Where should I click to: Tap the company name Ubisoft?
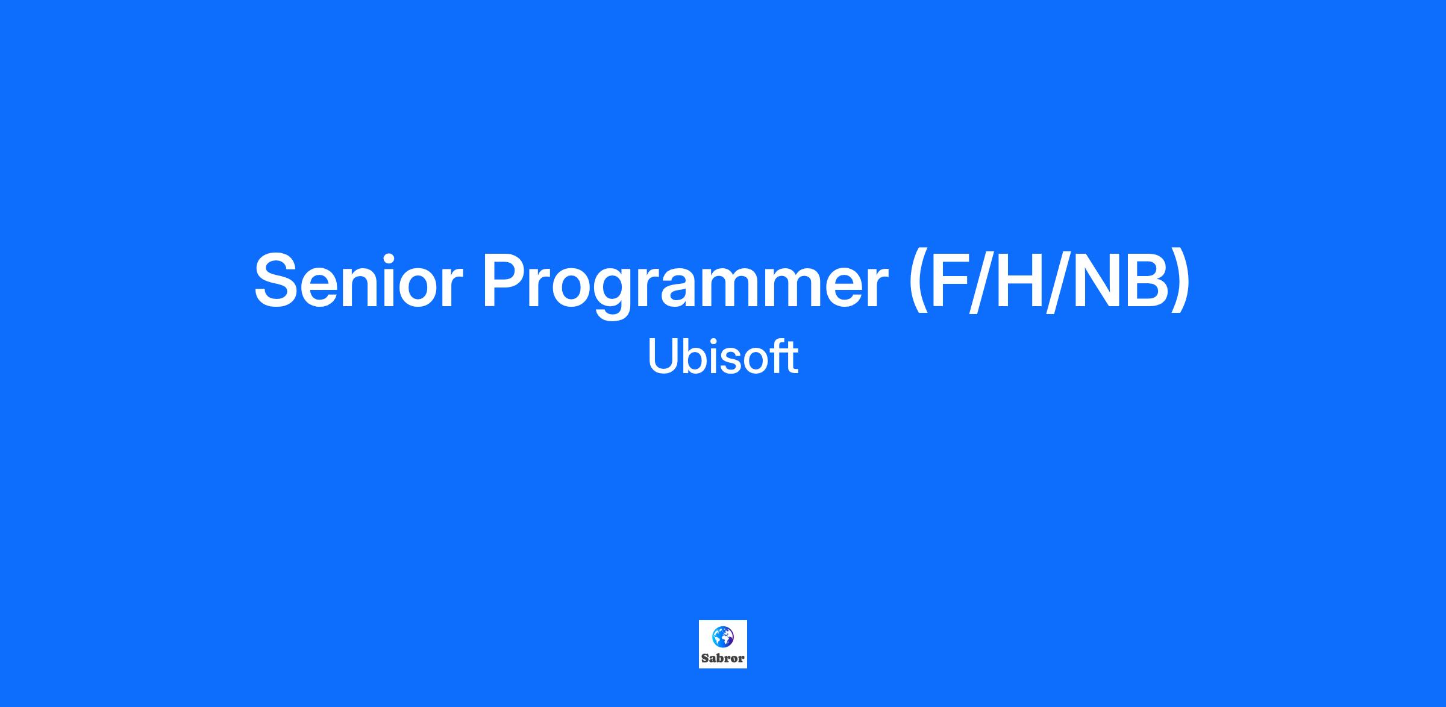pos(723,356)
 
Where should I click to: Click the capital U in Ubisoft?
pos(663,356)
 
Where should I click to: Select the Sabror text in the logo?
pos(723,659)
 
